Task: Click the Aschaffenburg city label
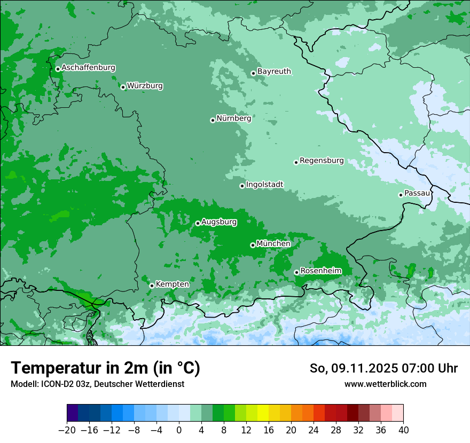click(88, 68)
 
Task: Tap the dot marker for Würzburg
click(123, 87)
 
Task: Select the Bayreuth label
click(274, 71)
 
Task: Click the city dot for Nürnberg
click(213, 120)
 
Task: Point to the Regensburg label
click(322, 160)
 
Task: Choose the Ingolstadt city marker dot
click(242, 186)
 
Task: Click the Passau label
click(417, 193)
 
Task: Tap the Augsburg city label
click(218, 222)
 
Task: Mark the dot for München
click(253, 245)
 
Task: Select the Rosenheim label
click(320, 271)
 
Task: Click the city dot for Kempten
click(152, 286)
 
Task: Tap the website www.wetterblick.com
click(385, 384)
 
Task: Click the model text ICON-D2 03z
click(64, 384)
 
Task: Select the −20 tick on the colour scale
click(67, 430)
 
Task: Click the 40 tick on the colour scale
click(403, 430)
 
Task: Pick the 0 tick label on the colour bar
click(179, 430)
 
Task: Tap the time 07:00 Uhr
click(430, 368)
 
